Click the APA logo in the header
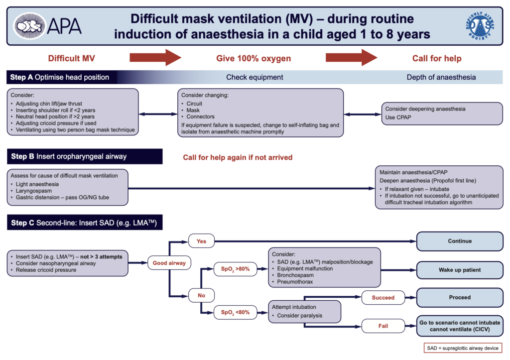(x=48, y=23)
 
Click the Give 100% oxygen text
(x=254, y=59)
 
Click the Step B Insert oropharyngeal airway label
(x=69, y=156)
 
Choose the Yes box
(x=202, y=241)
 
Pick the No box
(x=202, y=295)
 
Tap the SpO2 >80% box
(x=235, y=269)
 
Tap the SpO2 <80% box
(x=235, y=313)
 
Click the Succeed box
(x=383, y=298)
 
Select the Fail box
(x=383, y=327)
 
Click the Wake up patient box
(x=459, y=270)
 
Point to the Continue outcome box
(x=459, y=241)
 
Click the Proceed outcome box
(x=459, y=297)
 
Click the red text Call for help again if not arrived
(x=238, y=157)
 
